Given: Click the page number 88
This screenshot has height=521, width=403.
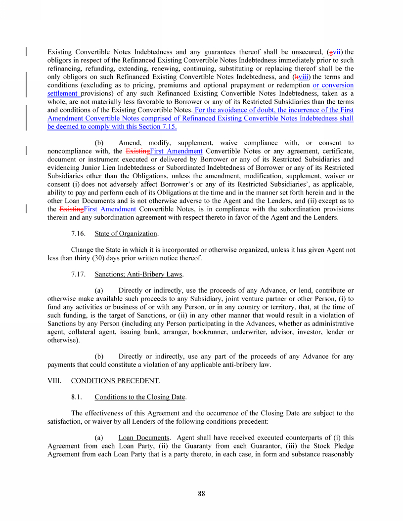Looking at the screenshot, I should [201, 493].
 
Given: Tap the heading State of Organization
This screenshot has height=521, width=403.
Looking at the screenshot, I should [126, 234].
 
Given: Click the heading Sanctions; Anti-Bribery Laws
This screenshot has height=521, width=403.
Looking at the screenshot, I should [138, 274].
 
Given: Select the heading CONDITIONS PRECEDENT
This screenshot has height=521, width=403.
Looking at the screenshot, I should [115, 381].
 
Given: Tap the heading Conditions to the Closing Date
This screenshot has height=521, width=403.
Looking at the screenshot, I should [140, 397].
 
